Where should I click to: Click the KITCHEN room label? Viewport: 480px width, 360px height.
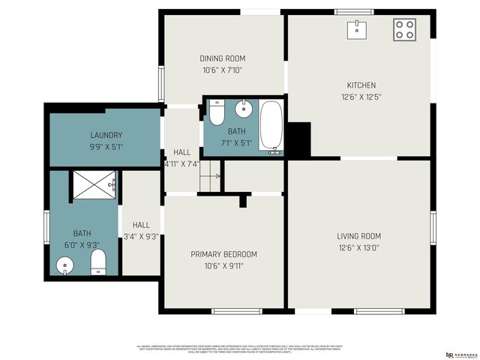(361, 85)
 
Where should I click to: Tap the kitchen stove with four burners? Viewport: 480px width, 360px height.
(405, 29)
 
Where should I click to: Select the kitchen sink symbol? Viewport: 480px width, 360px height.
(357, 29)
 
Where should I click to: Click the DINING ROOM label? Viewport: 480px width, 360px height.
(222, 58)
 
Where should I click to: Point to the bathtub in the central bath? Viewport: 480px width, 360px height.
(271, 127)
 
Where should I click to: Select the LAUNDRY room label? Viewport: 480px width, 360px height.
(106, 135)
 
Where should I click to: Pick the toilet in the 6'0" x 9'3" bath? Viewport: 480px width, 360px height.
(97, 262)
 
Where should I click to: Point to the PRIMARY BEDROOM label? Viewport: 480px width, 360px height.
(223, 254)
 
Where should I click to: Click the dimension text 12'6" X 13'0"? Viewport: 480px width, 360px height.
(358, 248)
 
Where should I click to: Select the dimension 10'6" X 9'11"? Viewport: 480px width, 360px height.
(223, 265)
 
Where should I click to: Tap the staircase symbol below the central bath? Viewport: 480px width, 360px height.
(209, 177)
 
